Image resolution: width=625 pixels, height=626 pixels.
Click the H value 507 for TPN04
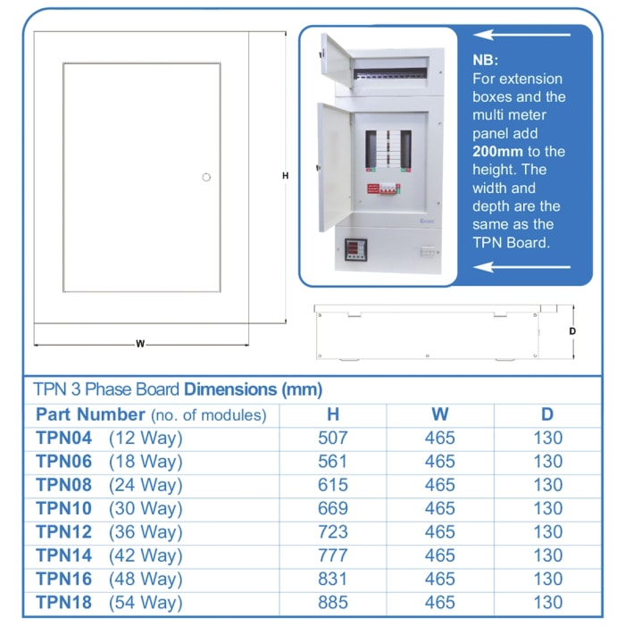(332, 438)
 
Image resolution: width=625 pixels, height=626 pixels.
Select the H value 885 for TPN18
(332, 603)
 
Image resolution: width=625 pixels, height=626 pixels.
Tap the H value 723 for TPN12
(332, 532)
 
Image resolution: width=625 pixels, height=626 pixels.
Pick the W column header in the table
(439, 414)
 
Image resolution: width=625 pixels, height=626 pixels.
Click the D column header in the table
(547, 414)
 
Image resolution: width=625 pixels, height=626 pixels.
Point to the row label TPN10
(63, 509)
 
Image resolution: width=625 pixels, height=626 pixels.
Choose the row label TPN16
(63, 579)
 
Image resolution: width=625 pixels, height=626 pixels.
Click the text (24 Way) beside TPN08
(146, 485)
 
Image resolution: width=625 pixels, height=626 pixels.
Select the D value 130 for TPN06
(547, 462)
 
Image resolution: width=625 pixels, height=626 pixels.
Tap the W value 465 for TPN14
(439, 555)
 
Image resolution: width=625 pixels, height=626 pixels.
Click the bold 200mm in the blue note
(497, 151)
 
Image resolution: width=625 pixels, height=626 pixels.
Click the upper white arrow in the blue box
(521, 36)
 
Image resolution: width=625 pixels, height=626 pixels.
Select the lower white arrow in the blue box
(521, 266)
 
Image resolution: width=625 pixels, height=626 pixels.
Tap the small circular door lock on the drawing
(206, 177)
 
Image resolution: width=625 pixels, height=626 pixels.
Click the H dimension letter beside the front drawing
(285, 176)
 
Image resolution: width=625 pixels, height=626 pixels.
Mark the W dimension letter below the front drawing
(140, 343)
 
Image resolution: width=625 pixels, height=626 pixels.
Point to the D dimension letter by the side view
(572, 331)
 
